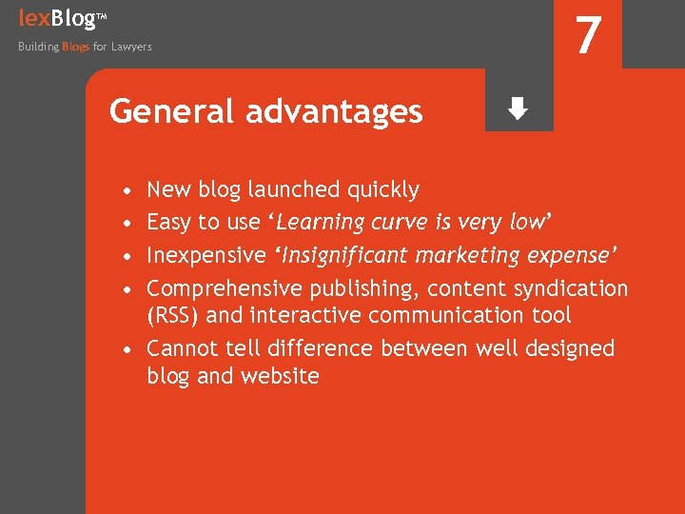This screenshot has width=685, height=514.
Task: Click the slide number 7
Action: click(589, 36)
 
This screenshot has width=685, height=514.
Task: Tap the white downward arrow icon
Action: click(518, 109)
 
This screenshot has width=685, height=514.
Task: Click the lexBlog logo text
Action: click(57, 17)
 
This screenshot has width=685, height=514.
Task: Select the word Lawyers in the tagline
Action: click(131, 47)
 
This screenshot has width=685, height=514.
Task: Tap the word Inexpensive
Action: click(205, 255)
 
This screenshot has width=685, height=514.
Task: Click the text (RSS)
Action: click(172, 315)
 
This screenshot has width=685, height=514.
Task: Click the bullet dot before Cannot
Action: click(127, 349)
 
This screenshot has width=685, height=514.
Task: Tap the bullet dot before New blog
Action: click(127, 190)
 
